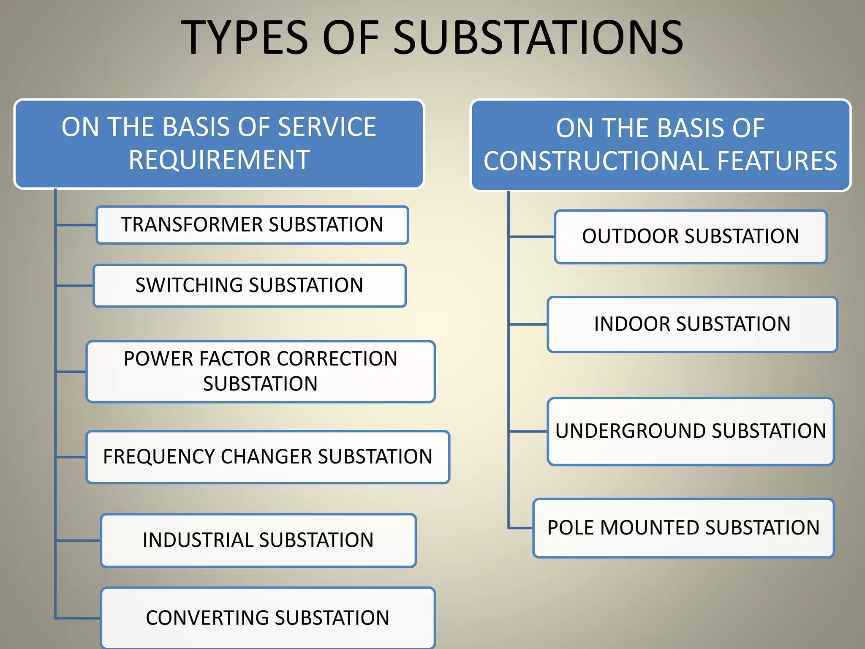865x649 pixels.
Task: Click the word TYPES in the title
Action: click(x=245, y=38)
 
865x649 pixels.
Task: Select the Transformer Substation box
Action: click(x=252, y=225)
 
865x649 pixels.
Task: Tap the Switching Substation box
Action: click(x=250, y=285)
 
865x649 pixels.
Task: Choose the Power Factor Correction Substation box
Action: click(x=261, y=371)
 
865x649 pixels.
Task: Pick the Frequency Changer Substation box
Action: click(x=268, y=457)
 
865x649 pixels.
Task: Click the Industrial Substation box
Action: click(x=258, y=540)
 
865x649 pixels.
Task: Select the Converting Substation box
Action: click(x=268, y=618)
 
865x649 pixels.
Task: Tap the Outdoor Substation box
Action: click(x=691, y=237)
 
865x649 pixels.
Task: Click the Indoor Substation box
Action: click(x=692, y=324)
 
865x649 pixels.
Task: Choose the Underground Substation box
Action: click(x=691, y=431)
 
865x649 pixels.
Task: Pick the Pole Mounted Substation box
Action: click(x=683, y=528)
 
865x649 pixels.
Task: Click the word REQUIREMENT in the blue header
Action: click(x=219, y=160)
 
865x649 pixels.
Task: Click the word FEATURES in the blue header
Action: click(x=777, y=161)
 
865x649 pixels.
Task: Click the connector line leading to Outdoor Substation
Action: click(x=532, y=237)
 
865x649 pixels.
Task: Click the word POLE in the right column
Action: click(x=571, y=528)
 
